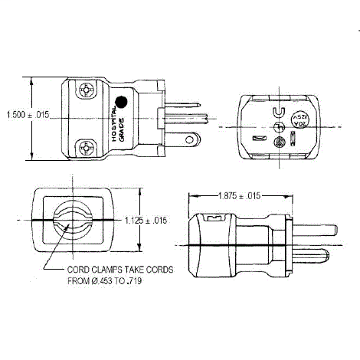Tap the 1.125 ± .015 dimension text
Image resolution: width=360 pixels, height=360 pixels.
146,221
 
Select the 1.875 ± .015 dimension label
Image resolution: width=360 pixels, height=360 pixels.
240,196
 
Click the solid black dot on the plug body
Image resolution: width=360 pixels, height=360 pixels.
121,101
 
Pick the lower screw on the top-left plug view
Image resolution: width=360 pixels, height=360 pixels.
87,146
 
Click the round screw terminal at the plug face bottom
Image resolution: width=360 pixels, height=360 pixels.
280,142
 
